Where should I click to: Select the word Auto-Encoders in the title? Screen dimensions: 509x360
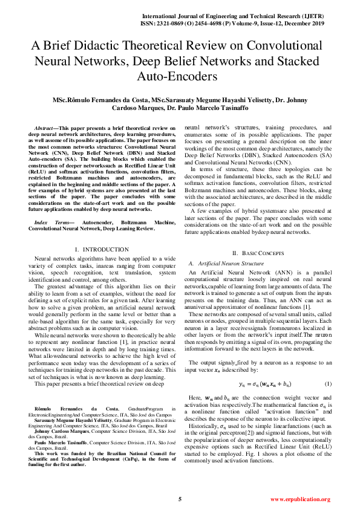(x=180, y=77)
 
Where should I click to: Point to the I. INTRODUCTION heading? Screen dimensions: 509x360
(x=101, y=249)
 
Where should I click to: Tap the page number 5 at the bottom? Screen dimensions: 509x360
(x=180, y=499)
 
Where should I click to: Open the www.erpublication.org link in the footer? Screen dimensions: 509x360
(x=300, y=499)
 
